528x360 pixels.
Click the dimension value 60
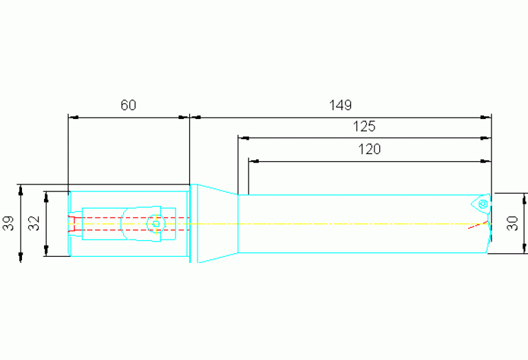coord(128,105)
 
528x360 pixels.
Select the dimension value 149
coord(341,105)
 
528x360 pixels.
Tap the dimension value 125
coord(363,127)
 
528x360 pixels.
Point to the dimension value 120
coord(369,149)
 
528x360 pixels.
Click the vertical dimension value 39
coord(9,223)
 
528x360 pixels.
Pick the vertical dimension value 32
coord(34,223)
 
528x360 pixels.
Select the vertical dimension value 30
coord(512,223)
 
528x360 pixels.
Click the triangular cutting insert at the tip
coord(481,204)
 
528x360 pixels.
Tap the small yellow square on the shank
coord(156,224)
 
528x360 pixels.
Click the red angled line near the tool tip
coord(478,225)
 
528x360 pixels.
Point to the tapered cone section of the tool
coord(218,224)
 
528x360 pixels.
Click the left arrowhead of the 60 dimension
coord(74,117)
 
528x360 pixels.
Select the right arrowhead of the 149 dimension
coord(486,117)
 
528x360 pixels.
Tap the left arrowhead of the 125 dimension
coord(244,138)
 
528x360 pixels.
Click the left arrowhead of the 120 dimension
coord(254,161)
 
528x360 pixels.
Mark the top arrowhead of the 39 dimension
coord(21,189)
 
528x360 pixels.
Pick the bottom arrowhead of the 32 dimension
coord(46,251)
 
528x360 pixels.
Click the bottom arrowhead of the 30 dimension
coord(525,248)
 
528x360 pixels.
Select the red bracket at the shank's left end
coord(71,224)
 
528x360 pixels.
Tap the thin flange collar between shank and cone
coord(190,224)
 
